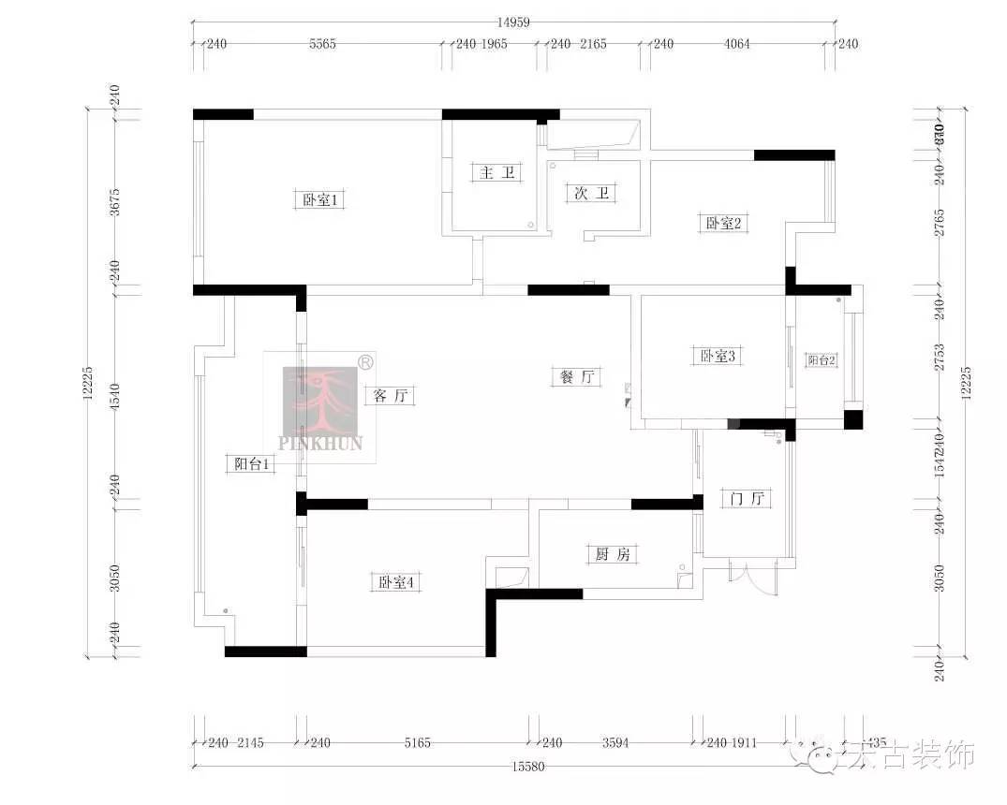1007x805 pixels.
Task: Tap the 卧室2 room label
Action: coord(723,223)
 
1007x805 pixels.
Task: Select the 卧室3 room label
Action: coord(718,356)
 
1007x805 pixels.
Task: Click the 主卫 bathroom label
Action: coord(496,172)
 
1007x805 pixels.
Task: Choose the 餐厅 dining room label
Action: coord(576,377)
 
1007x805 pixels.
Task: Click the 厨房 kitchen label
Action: coord(613,554)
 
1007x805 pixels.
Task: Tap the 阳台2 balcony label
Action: coord(821,360)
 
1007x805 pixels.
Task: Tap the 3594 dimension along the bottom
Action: coord(615,743)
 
